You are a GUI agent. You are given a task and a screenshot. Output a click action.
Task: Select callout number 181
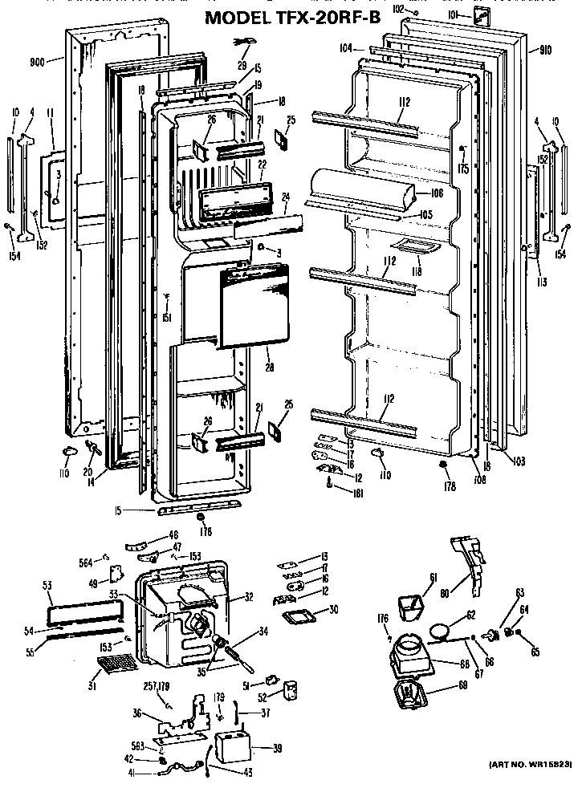(358, 493)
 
